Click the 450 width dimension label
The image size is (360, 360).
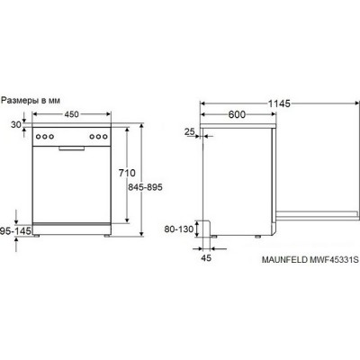pyautogui.click(x=71, y=114)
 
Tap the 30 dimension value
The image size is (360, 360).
pyautogui.click(x=15, y=124)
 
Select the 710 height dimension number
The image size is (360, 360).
pyautogui.click(x=127, y=173)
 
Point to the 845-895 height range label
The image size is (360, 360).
pyautogui.click(x=145, y=187)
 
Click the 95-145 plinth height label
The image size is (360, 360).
pyautogui.click(x=15, y=230)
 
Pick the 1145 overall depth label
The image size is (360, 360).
pyautogui.click(x=279, y=103)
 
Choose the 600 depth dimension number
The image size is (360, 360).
pyautogui.click(x=237, y=114)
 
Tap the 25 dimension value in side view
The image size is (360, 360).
pyautogui.click(x=190, y=131)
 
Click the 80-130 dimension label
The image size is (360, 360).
pyautogui.click(x=179, y=229)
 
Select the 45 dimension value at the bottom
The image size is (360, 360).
pyautogui.click(x=206, y=257)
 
